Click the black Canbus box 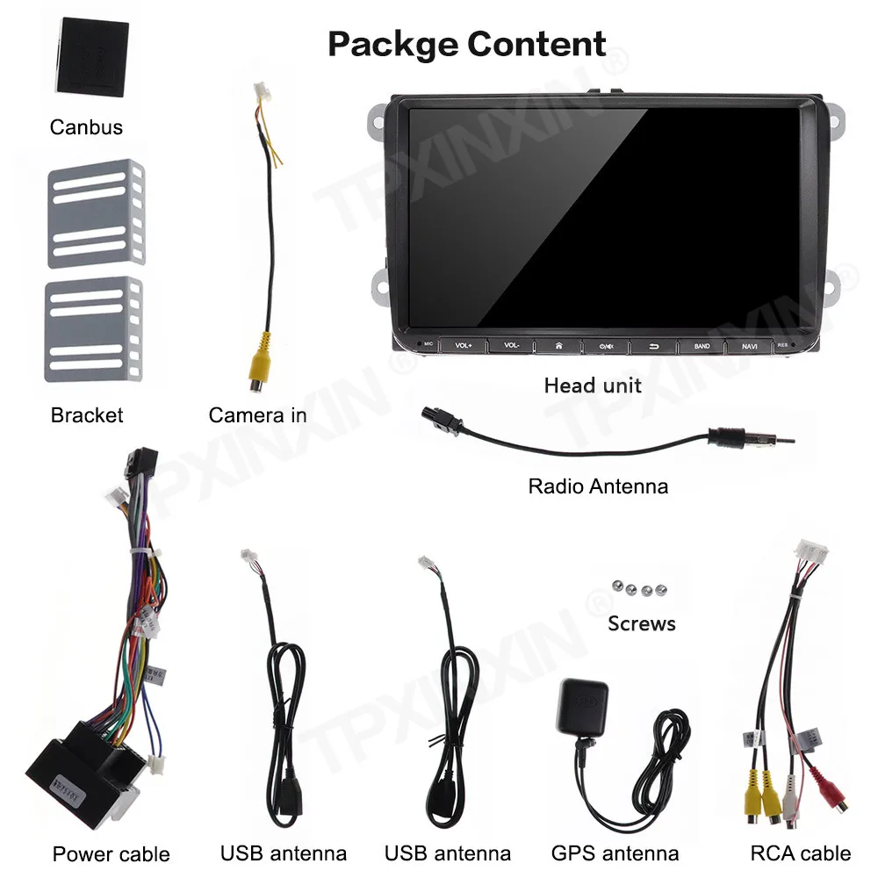point(92,57)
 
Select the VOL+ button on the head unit point(464,346)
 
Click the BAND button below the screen point(702,346)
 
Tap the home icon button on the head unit point(558,346)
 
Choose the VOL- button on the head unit point(512,346)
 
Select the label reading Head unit point(593,385)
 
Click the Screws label point(641,624)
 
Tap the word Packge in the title point(391,44)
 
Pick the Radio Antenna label point(597,486)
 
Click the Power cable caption point(111,854)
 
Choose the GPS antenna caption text point(615,853)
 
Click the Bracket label point(87,415)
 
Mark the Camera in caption point(257,415)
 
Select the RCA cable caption point(800,853)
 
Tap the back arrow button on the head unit point(654,346)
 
